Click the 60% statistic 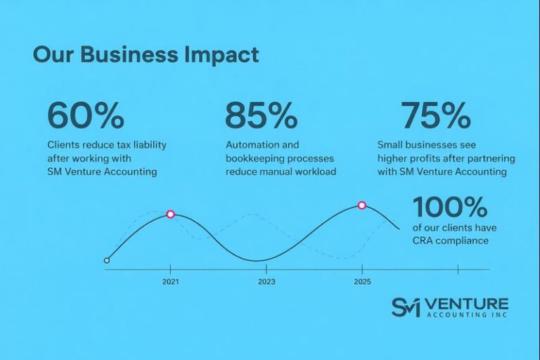click(x=85, y=116)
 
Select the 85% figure click(x=262, y=116)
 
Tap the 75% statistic click(x=435, y=116)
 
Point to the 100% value click(x=450, y=207)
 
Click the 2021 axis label click(x=170, y=281)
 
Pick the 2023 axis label click(x=266, y=281)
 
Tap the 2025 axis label click(x=362, y=281)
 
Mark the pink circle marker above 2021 click(x=170, y=214)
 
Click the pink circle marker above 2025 click(x=362, y=205)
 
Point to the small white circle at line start click(x=107, y=260)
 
